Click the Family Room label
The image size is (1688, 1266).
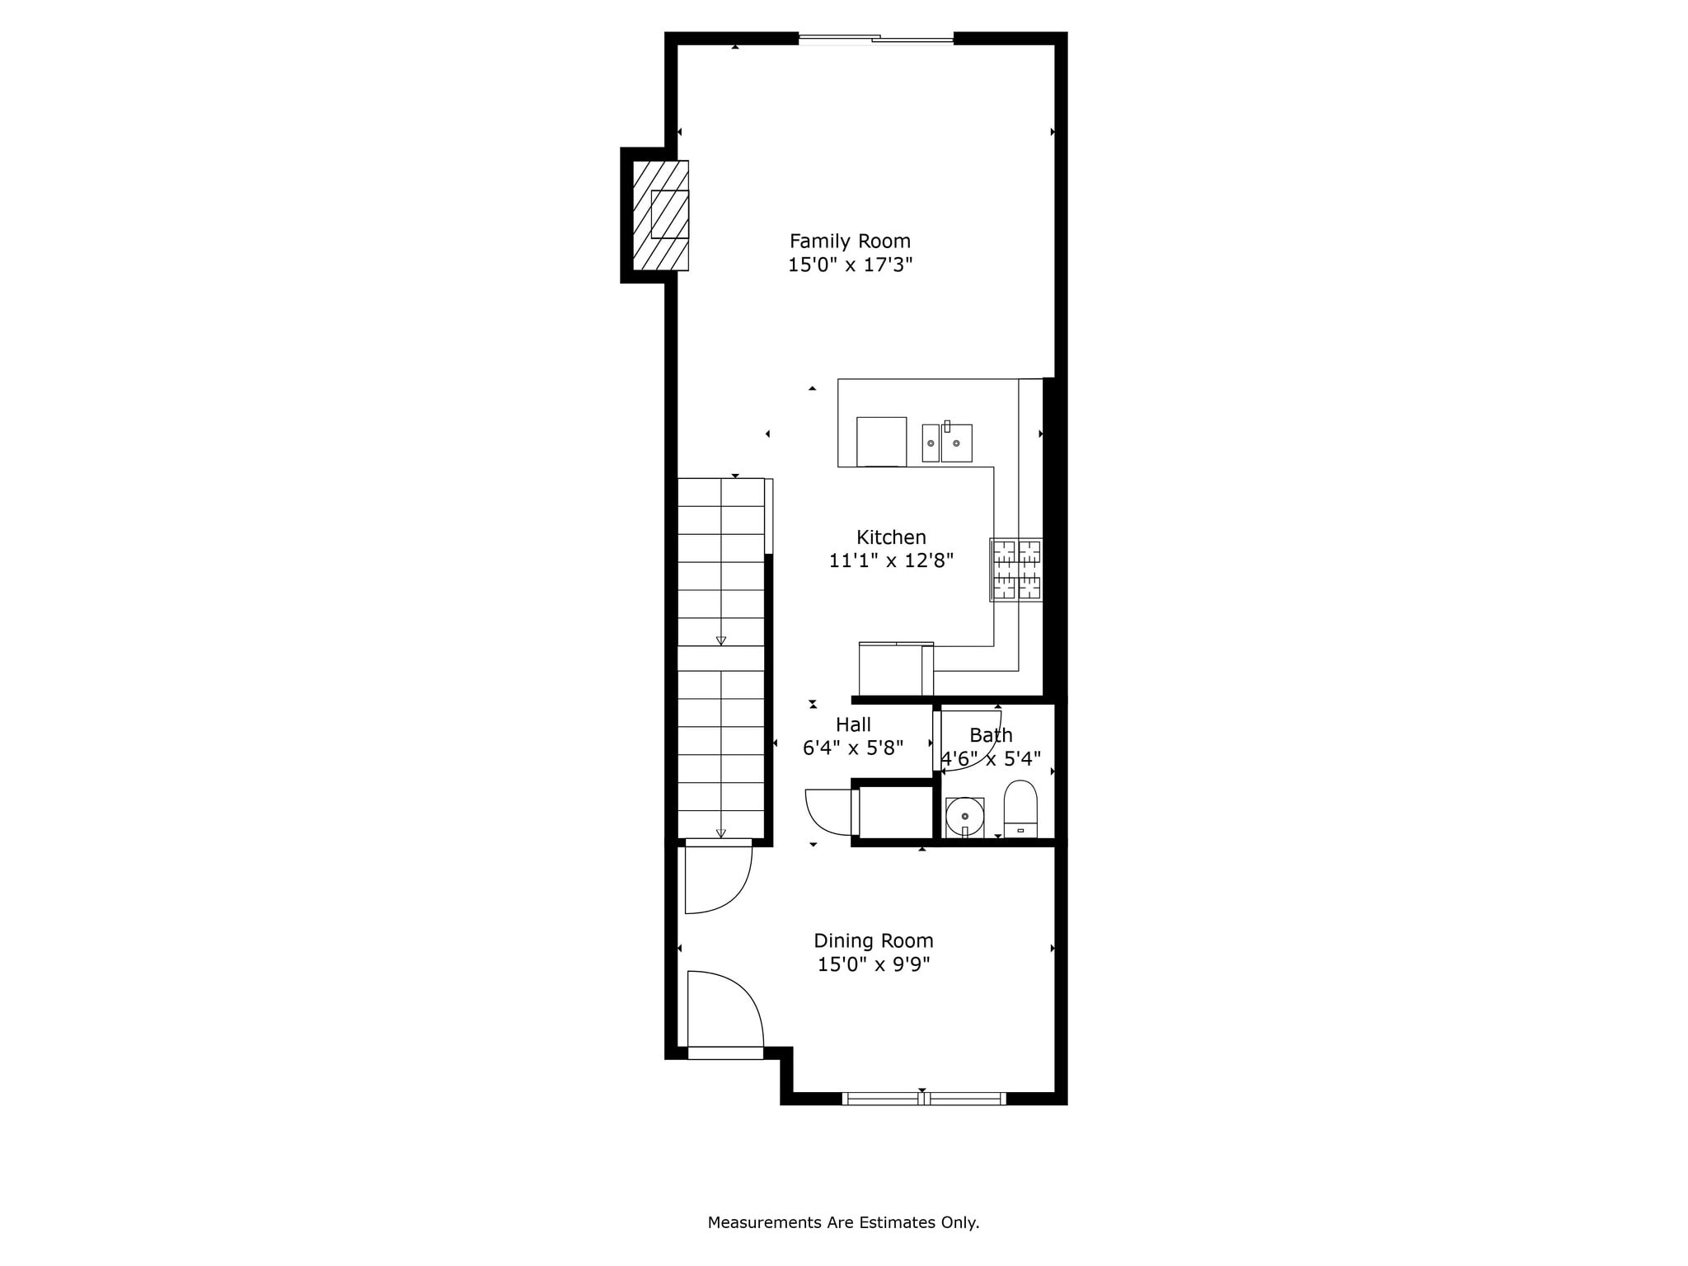pos(850,241)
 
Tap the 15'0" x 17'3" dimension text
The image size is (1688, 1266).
pos(850,265)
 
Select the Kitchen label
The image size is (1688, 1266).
pos(891,537)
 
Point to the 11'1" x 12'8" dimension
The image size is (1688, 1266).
pos(891,560)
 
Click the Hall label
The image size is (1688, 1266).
pos(853,724)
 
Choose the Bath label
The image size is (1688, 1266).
pos(991,734)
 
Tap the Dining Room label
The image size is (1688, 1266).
pos(874,940)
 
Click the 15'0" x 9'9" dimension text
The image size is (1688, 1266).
pos(874,964)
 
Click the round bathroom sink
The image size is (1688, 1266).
pos(964,817)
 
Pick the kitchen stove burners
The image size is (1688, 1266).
pos(1016,570)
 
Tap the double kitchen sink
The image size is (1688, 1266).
pos(947,443)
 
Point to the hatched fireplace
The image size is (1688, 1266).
pos(660,215)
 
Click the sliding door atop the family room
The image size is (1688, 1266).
pos(876,38)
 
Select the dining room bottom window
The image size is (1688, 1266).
pos(924,1098)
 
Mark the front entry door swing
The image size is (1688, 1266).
pos(724,1013)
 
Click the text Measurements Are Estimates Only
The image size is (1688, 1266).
pos(843,1222)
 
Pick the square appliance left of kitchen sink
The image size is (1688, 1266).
pos(881,442)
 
